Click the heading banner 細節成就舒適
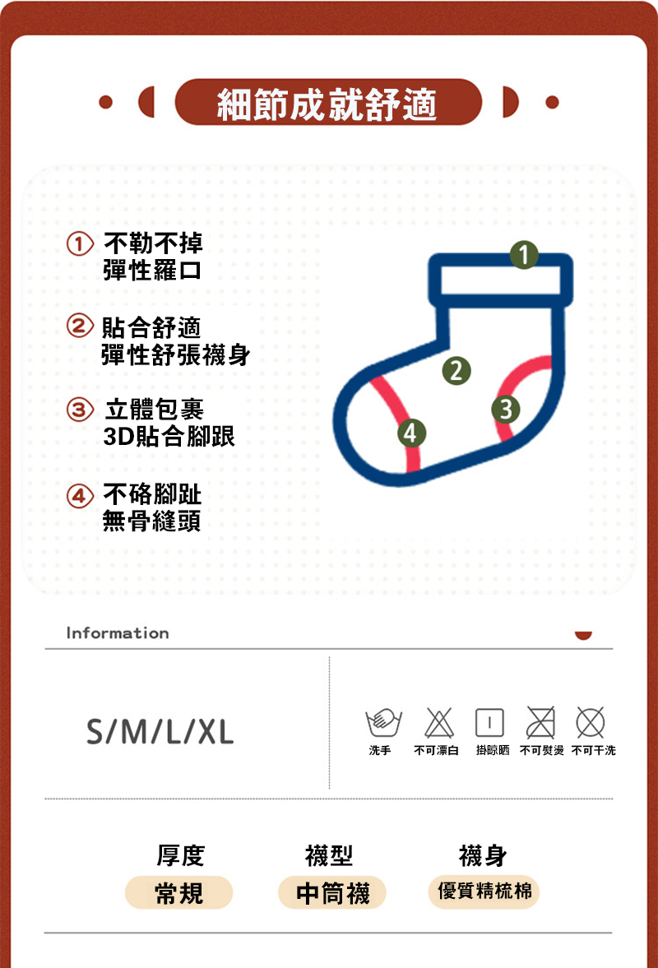click(327, 103)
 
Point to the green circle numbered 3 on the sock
click(506, 409)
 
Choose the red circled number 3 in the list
click(78, 408)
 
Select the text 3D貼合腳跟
click(169, 436)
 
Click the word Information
click(118, 633)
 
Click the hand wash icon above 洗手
click(382, 722)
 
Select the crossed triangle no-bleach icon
click(436, 722)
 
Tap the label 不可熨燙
click(542, 751)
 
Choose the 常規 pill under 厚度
click(178, 892)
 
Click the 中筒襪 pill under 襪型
click(332, 892)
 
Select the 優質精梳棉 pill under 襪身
click(484, 892)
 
